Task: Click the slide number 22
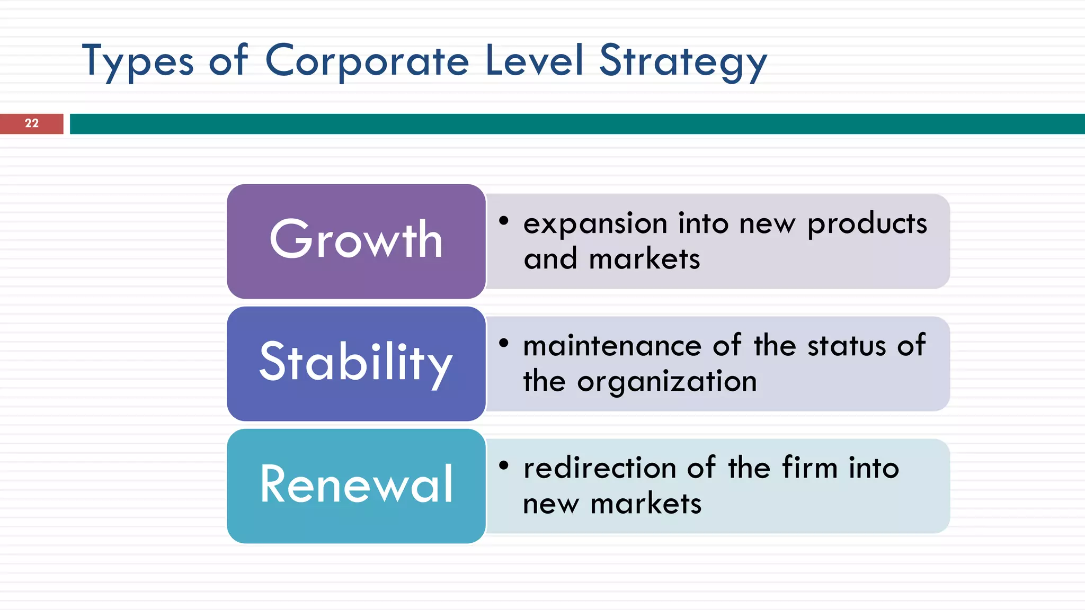tap(32, 123)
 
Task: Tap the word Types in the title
tap(138, 61)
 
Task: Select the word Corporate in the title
tap(367, 61)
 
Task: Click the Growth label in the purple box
tap(356, 240)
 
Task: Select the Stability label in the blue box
tap(356, 362)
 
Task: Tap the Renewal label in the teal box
tap(356, 484)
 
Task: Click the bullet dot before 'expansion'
tap(504, 220)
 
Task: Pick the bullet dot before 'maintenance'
tap(504, 343)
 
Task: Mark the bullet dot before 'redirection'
tap(504, 465)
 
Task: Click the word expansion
tap(595, 224)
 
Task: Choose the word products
tap(867, 224)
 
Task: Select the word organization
tap(667, 382)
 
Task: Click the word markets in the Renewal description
tap(646, 504)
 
